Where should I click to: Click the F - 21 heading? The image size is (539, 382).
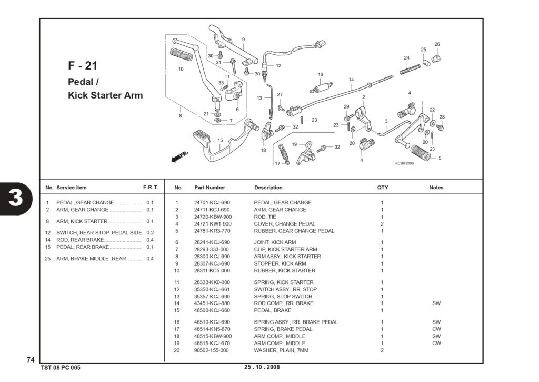(83, 66)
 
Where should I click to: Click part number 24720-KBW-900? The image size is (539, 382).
(213, 217)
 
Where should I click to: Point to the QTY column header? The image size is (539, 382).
(382, 188)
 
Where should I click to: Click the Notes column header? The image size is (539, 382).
(436, 188)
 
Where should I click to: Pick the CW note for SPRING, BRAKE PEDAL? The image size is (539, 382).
(436, 329)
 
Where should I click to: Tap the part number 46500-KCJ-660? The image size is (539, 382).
(212, 310)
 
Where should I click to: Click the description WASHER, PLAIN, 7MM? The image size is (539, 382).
(281, 350)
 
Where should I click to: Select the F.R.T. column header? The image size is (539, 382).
(151, 188)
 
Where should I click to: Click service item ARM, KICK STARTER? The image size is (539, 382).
(82, 221)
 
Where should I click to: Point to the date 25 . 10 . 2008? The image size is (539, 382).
(262, 367)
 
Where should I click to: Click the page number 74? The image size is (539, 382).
(31, 360)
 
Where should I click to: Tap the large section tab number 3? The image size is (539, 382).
(15, 198)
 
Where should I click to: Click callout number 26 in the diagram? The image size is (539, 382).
(437, 44)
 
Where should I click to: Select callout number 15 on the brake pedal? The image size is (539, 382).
(220, 140)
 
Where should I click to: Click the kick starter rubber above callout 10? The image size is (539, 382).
(180, 56)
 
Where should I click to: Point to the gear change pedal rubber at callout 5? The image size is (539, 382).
(421, 152)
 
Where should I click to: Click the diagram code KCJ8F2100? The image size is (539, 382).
(404, 163)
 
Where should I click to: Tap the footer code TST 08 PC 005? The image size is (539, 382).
(61, 368)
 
